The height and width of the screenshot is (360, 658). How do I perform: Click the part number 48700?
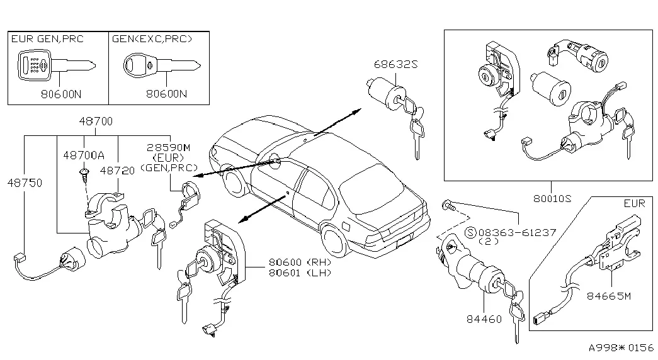[96, 121]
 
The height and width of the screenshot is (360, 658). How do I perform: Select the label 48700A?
[84, 155]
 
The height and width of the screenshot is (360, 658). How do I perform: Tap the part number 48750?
[25, 183]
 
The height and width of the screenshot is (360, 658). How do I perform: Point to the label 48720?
[118, 171]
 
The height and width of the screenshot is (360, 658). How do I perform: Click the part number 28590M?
[168, 147]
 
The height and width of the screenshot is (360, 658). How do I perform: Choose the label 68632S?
[395, 64]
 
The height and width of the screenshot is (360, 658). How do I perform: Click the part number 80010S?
[552, 198]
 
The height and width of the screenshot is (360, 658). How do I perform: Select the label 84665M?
[608, 296]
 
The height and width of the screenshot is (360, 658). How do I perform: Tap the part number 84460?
[484, 319]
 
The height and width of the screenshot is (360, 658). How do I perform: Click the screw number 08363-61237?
[517, 232]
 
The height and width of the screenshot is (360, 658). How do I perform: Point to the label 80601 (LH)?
[300, 273]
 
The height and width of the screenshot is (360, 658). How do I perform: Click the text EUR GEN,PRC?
[47, 39]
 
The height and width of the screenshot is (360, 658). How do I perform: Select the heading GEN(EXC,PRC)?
[152, 39]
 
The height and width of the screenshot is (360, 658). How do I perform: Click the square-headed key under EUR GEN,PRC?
[57, 65]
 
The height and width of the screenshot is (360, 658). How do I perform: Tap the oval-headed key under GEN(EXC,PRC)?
[162, 65]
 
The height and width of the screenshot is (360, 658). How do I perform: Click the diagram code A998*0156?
[621, 348]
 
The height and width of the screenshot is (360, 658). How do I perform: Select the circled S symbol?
[471, 232]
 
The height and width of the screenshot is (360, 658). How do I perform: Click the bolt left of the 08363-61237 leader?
[448, 206]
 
